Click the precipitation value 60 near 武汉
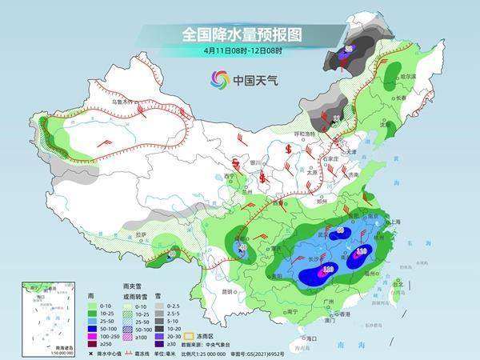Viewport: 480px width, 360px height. point(339,230)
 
